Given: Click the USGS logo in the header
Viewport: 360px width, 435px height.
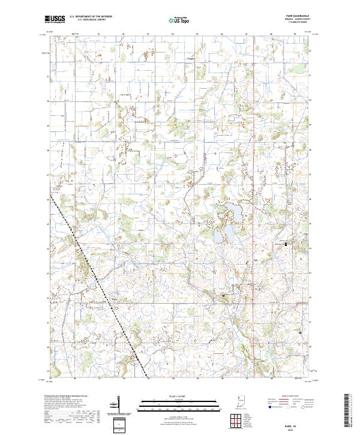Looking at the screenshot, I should coord(55,20).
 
